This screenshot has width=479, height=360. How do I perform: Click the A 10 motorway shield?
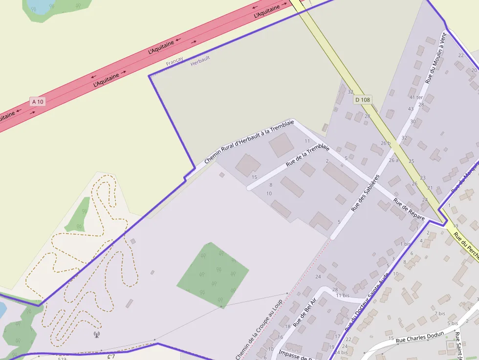coord(37,101)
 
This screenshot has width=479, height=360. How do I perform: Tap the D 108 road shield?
coord(363,100)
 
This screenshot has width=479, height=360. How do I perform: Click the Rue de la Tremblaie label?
coord(307,156)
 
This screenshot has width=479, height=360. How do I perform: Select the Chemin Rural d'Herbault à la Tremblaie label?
coord(249,142)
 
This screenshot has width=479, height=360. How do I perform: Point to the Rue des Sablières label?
coord(366,193)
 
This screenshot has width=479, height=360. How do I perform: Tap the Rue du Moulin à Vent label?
coord(436,58)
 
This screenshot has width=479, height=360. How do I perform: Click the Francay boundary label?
coord(174,62)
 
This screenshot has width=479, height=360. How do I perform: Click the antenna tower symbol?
coord(96,335)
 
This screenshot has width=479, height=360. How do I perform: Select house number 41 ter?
coord(415,97)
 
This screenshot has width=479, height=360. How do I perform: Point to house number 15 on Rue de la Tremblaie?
coord(254,177)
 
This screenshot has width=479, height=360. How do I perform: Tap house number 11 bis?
coord(342,296)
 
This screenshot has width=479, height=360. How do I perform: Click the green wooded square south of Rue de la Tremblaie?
coord(213,275)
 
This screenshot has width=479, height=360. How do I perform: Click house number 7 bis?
coord(440,313)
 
